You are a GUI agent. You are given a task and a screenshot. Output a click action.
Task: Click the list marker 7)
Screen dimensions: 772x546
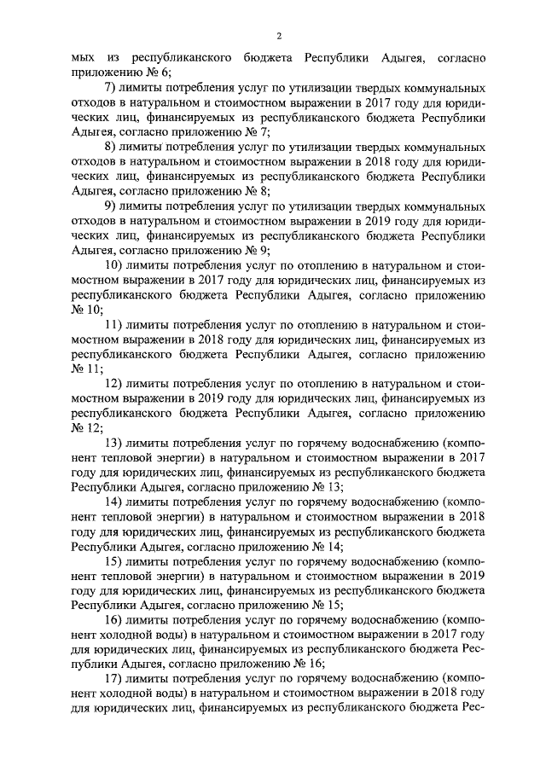110,88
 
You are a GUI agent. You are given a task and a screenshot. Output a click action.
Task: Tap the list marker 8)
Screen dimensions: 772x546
110,146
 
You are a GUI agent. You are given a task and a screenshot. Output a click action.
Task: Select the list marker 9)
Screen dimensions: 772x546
110,206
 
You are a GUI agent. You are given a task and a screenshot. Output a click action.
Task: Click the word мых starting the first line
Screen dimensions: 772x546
82,57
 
